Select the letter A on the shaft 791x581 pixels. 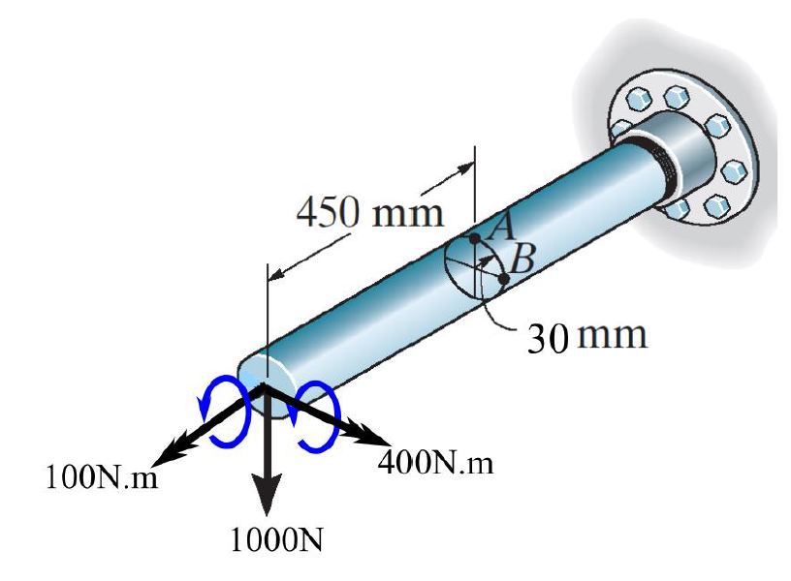point(501,227)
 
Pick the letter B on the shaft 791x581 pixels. point(522,259)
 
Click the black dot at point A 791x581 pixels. point(475,237)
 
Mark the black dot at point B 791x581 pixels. point(504,279)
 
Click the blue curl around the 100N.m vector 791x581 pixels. point(224,413)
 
